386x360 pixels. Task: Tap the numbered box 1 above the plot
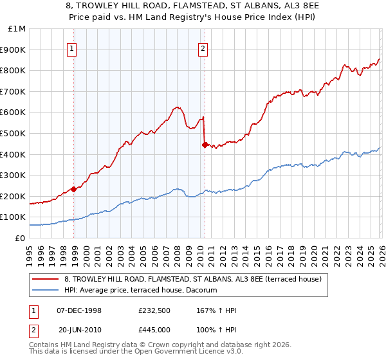pyautogui.click(x=71, y=48)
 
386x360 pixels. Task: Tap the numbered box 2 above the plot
pyautogui.click(x=203, y=48)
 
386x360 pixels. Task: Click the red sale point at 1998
pyautogui.click(x=74, y=189)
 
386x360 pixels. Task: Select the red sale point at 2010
pyautogui.click(x=205, y=145)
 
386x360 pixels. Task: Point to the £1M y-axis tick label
pyautogui.click(x=17, y=29)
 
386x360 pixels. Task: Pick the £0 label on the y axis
pyautogui.click(x=20, y=238)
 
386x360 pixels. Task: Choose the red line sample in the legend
pyautogui.click(x=45, y=278)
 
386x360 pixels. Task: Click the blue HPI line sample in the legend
pyautogui.click(x=45, y=290)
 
